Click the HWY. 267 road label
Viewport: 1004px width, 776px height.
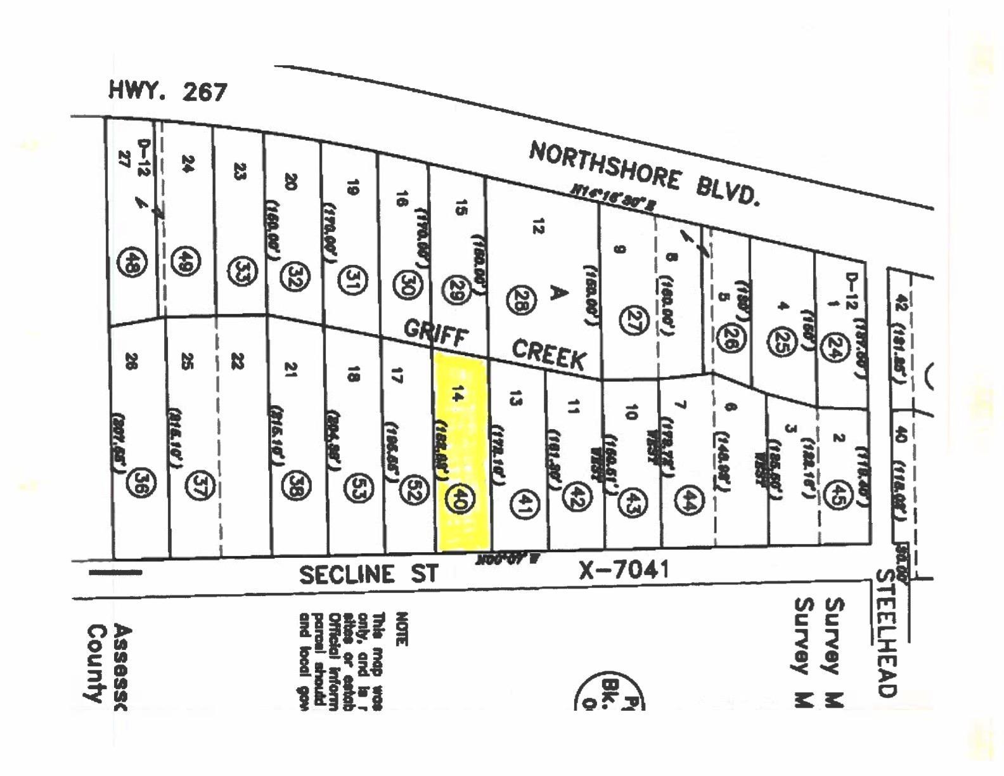(167, 91)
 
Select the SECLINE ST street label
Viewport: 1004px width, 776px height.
(368, 574)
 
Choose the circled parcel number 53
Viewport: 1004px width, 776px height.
(357, 487)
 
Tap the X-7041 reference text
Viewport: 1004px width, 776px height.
(624, 569)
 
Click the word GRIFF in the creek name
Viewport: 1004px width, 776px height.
(435, 332)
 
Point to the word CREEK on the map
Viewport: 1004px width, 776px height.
(548, 354)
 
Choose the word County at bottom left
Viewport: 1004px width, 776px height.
(96, 664)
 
